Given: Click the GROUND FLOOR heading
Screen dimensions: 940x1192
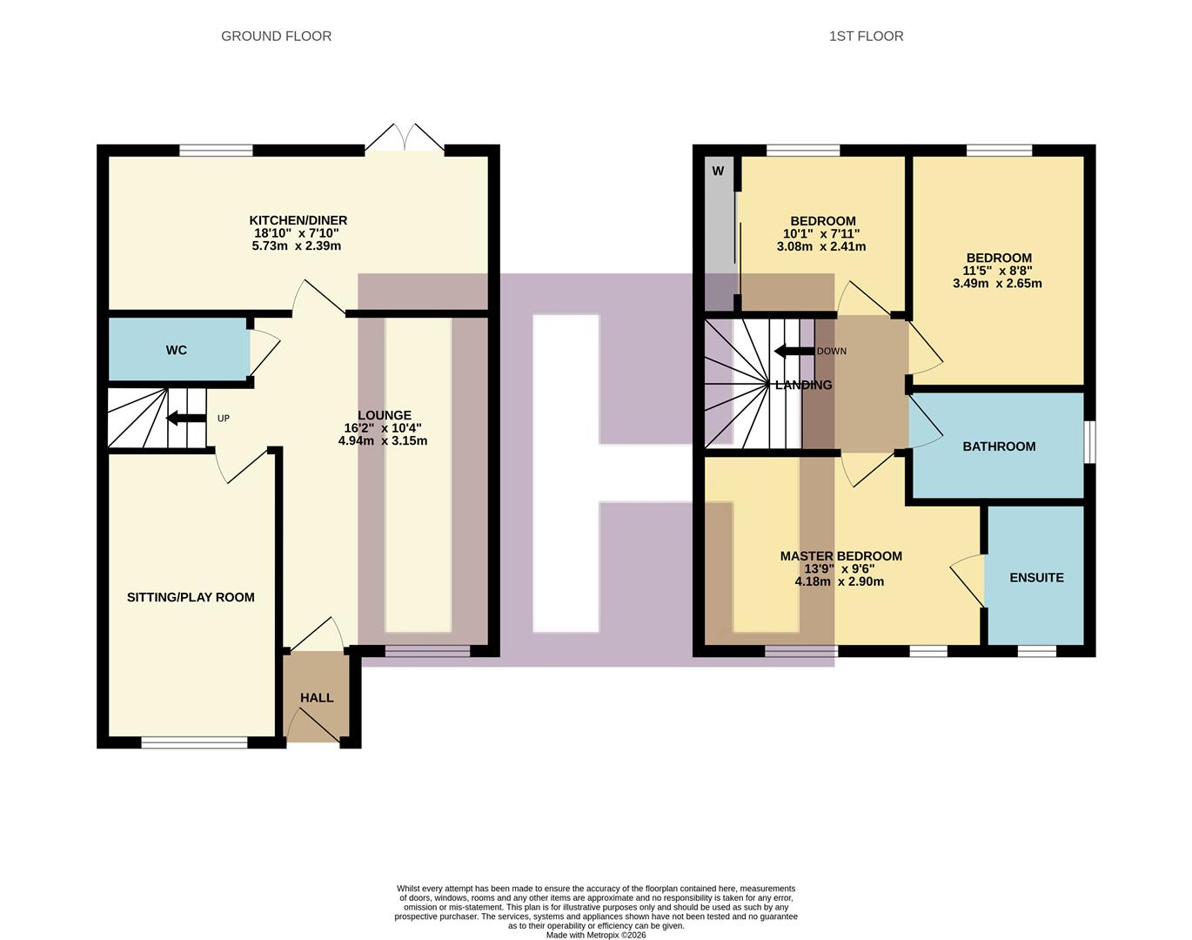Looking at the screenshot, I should tap(276, 36).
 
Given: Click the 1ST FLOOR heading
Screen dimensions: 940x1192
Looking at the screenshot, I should tap(866, 36).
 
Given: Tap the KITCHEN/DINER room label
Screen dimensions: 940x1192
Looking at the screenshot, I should tap(298, 220).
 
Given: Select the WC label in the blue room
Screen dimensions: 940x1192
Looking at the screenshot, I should tap(177, 350).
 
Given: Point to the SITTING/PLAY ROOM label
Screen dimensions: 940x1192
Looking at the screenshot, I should tap(191, 597).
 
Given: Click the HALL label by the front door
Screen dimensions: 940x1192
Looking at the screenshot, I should tap(317, 697).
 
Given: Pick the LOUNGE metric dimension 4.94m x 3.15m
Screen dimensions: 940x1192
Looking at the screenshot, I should tap(383, 440).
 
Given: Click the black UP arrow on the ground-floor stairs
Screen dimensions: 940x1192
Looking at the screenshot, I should tap(184, 419).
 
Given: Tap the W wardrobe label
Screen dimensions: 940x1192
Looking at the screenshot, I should tap(718, 171).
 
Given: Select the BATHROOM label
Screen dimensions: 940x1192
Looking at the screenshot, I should tap(999, 446).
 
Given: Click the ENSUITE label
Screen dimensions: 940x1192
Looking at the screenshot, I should tap(1036, 577).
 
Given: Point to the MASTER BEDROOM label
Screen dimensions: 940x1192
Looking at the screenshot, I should tap(840, 556).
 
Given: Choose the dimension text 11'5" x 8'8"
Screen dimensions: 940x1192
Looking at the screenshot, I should tap(998, 270).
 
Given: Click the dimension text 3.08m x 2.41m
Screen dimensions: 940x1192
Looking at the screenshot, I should tap(821, 246).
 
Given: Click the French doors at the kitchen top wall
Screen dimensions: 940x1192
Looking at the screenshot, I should tap(405, 139).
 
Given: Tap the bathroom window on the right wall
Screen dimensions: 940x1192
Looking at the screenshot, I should tap(1090, 442).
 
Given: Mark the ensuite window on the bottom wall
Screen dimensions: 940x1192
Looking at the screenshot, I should tap(1037, 650).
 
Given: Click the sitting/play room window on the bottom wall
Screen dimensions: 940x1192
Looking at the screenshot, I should tap(194, 742).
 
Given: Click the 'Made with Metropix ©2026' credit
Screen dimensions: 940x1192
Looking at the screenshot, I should tap(596, 935).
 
